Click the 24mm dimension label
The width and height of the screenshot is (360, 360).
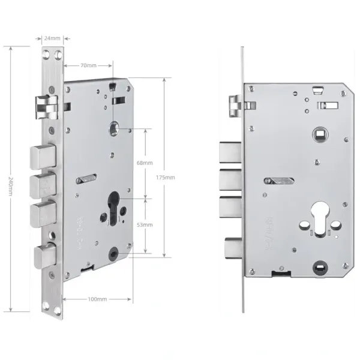coord(52,39)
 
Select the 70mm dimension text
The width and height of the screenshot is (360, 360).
coord(88,65)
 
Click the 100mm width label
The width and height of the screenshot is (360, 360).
coord(97,298)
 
